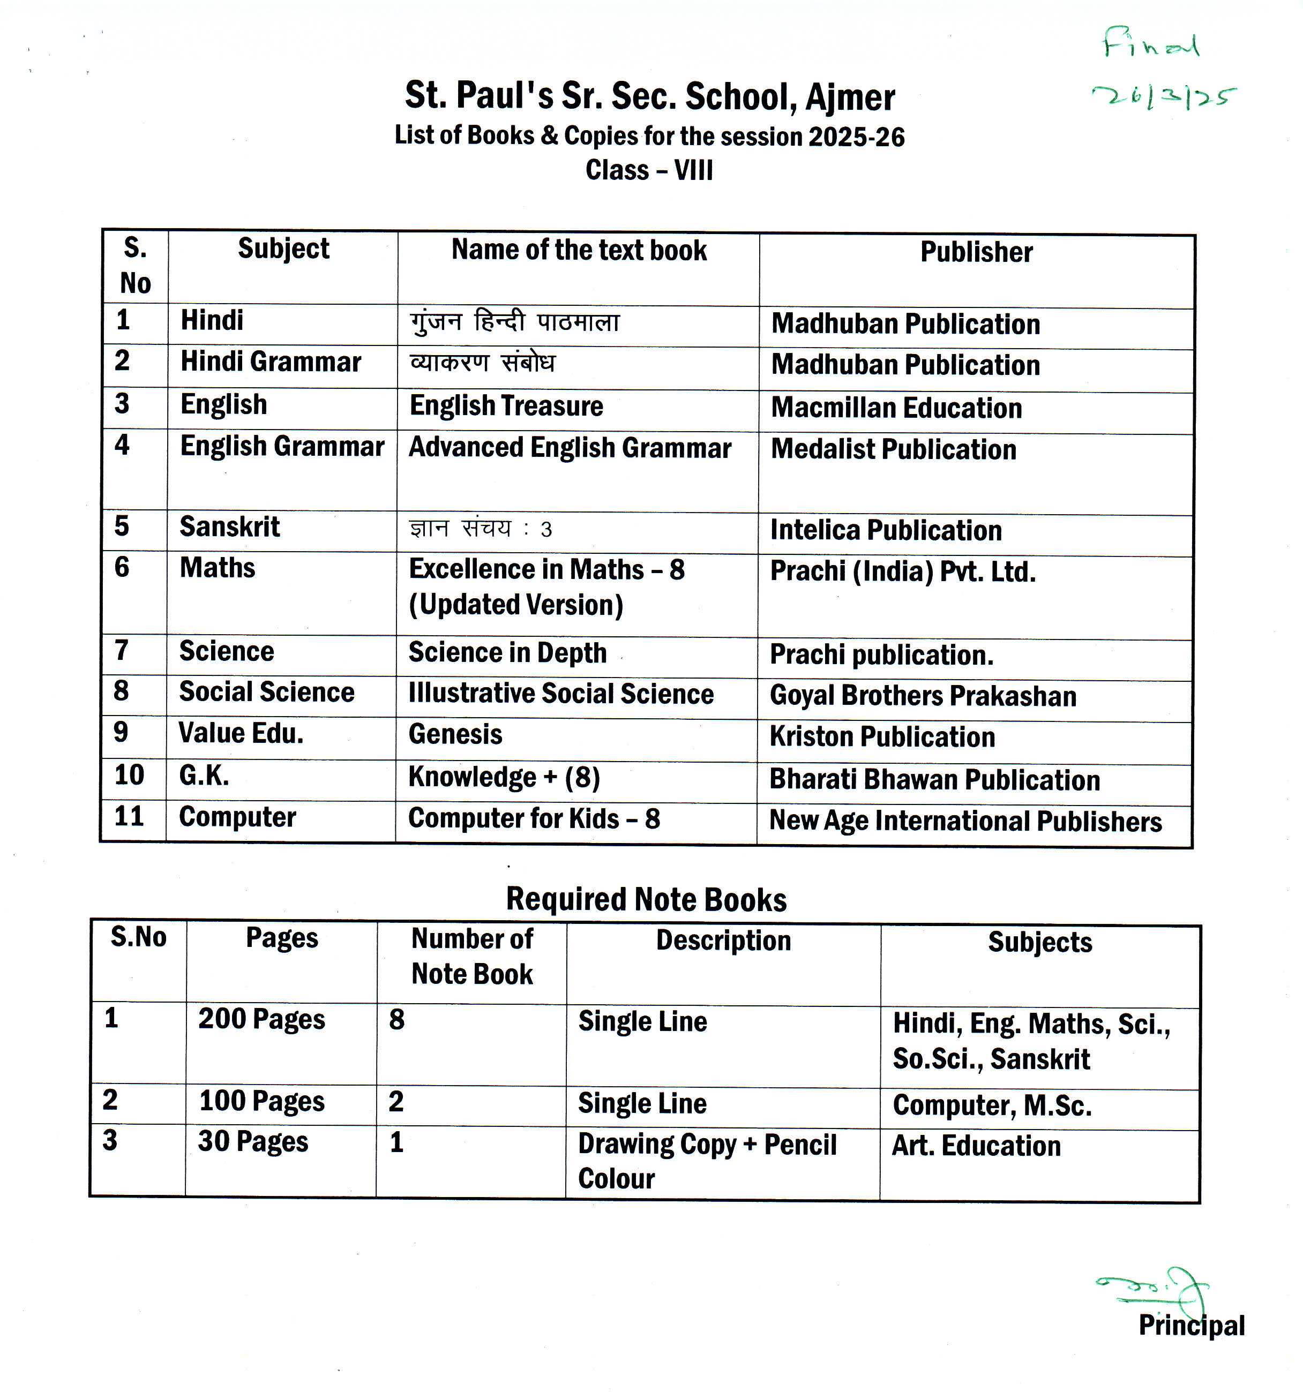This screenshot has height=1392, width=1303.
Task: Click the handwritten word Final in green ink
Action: pyautogui.click(x=1151, y=43)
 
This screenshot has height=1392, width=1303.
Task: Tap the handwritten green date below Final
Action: pyautogui.click(x=1164, y=96)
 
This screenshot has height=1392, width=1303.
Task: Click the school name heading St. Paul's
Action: pyautogui.click(x=649, y=96)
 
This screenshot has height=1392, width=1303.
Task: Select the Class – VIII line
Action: pyautogui.click(x=649, y=170)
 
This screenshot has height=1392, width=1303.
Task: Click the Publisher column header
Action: pyautogui.click(x=976, y=252)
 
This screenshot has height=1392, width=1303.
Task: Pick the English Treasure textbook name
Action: pyautogui.click(x=506, y=406)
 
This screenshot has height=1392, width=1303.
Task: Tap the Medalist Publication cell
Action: pyautogui.click(x=893, y=449)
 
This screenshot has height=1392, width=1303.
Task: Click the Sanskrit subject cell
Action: pyautogui.click(x=230, y=526)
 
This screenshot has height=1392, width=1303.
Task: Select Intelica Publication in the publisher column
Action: pyautogui.click(x=886, y=531)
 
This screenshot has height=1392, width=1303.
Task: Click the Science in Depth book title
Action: pyautogui.click(x=507, y=652)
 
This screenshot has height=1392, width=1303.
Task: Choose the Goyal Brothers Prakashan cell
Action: pyautogui.click(x=923, y=696)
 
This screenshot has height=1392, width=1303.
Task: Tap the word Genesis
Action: pyautogui.click(x=455, y=734)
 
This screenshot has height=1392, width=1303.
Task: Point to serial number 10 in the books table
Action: pyautogui.click(x=129, y=775)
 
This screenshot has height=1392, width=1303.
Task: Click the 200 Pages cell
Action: pyautogui.click(x=261, y=1019)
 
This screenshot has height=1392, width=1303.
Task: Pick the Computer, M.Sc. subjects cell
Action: pyautogui.click(x=992, y=1105)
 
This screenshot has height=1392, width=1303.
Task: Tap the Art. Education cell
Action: pyautogui.click(x=976, y=1146)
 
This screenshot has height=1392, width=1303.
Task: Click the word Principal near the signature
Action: pyautogui.click(x=1191, y=1326)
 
